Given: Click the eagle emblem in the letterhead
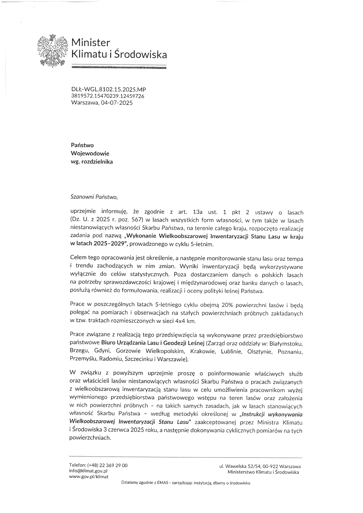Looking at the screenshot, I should [53, 51].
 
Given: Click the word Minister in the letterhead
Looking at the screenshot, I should [91, 43].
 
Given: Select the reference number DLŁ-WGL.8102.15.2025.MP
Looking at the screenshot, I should [109, 90].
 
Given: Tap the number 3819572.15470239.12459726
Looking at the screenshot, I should [108, 96].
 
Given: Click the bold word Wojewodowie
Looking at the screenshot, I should [90, 153].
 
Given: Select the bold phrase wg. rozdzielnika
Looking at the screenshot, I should [92, 162].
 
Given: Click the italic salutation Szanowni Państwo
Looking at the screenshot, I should [94, 197].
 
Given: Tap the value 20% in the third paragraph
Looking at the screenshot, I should [228, 305].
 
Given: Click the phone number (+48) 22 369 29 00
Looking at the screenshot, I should [107, 465].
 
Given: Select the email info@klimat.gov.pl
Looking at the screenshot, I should [88, 471].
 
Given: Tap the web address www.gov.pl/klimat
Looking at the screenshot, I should [88, 476].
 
